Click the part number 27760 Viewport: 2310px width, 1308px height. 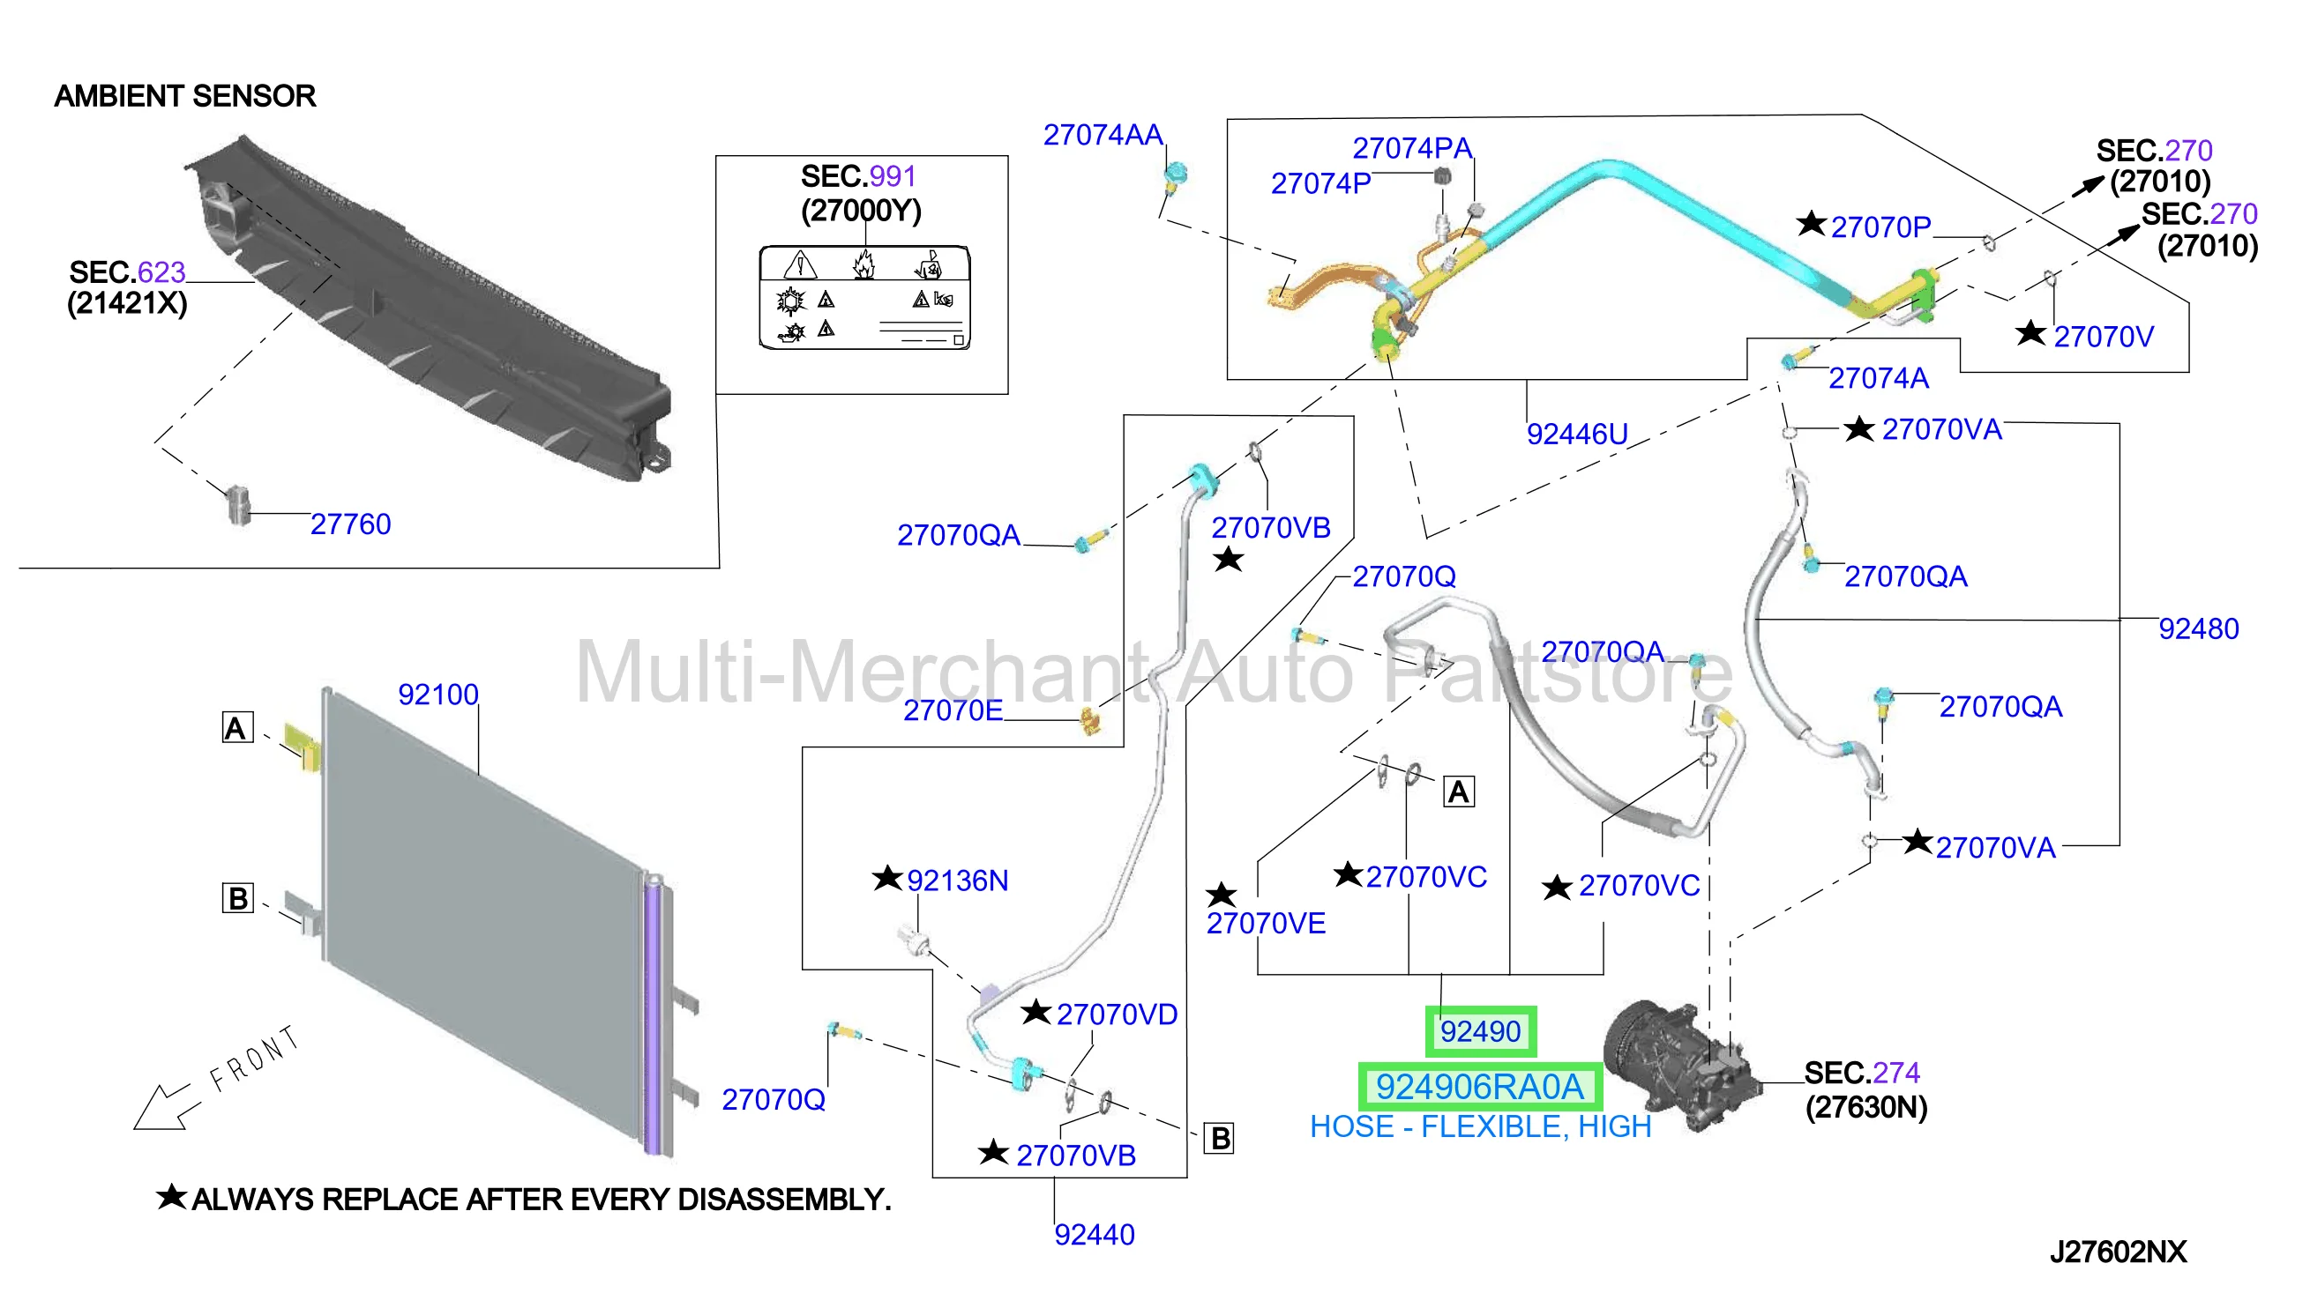point(350,524)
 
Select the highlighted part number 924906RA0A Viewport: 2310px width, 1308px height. point(1479,1088)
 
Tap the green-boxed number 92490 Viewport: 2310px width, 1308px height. point(1480,1032)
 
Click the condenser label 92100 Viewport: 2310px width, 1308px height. point(437,695)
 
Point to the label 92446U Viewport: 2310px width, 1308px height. point(1577,435)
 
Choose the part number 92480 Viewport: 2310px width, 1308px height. point(2199,628)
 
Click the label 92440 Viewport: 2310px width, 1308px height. point(1094,1235)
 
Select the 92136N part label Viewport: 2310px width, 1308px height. point(957,881)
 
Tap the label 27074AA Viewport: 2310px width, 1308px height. point(1103,135)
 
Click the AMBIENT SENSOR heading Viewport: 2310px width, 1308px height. point(185,96)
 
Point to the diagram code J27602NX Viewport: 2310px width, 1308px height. point(2118,1252)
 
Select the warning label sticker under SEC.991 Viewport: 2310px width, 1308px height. point(864,297)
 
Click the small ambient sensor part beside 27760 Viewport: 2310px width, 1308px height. point(238,505)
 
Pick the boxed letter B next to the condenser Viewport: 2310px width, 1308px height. point(238,898)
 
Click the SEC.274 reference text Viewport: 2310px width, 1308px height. point(1861,1073)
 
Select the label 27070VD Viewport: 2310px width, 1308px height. point(1117,1015)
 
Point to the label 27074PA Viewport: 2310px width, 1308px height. point(1412,148)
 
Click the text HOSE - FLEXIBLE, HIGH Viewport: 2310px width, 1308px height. point(1480,1127)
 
